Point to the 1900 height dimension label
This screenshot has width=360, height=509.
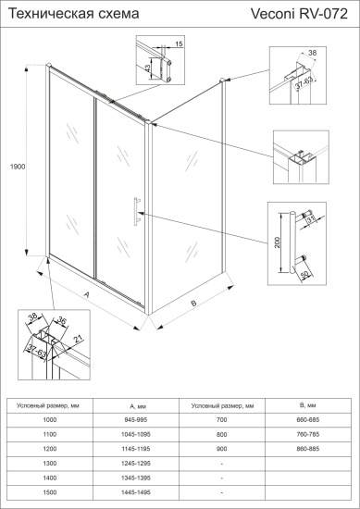click(16, 167)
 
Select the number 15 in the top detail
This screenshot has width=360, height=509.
click(179, 44)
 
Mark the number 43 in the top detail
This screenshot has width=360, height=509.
click(148, 68)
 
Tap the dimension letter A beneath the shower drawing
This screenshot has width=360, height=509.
click(86, 298)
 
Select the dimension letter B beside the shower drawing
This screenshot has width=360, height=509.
click(194, 302)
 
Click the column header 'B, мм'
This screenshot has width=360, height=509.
click(307, 405)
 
